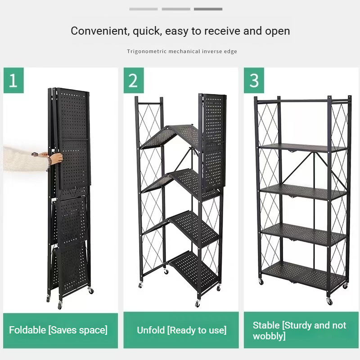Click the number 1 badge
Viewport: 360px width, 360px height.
click(13, 81)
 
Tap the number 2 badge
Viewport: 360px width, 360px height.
click(133, 81)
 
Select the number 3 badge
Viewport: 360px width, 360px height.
click(254, 81)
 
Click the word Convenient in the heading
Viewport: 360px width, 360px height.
click(97, 31)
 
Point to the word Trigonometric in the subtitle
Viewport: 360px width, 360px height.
click(147, 51)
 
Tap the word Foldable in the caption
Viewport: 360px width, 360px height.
click(27, 330)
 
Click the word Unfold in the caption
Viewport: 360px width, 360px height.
click(151, 330)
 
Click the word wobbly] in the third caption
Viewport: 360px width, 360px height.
click(269, 337)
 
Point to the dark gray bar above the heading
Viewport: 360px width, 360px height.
click(208, 9)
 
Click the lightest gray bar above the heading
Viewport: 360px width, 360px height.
click(143, 9)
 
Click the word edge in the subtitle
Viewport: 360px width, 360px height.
click(229, 51)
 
